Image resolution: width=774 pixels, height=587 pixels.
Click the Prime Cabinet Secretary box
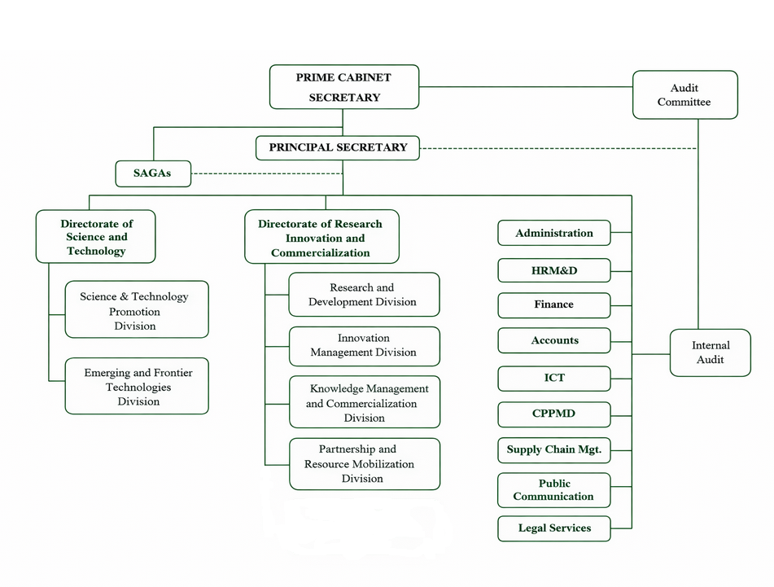[x=344, y=87]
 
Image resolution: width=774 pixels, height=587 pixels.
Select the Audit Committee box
[x=685, y=94]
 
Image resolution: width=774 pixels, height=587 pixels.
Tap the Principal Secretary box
[x=338, y=148]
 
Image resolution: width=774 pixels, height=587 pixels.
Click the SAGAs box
[x=153, y=173]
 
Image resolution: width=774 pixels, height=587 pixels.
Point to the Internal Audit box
[x=711, y=353]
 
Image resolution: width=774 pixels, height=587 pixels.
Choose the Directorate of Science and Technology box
[x=96, y=236]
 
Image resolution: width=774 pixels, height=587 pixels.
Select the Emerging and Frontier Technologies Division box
[x=137, y=386]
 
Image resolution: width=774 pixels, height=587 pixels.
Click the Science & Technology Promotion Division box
[x=137, y=309]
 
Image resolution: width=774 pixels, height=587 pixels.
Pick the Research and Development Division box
[x=365, y=294]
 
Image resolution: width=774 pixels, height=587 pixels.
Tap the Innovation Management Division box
[x=365, y=346]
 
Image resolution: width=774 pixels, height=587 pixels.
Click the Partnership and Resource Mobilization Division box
[x=365, y=464]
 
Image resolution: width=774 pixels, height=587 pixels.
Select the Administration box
[x=554, y=233]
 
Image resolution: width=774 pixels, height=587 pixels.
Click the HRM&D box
[x=554, y=270]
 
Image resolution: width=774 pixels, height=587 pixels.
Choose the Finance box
[x=554, y=305]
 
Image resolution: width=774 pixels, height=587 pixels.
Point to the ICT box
[x=554, y=379]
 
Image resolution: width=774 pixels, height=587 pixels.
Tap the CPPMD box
[x=554, y=414]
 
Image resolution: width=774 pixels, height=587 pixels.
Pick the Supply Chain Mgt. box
[x=554, y=450]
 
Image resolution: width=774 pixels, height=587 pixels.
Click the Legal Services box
[x=554, y=528]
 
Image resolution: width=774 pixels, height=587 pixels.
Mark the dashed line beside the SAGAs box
[x=267, y=173]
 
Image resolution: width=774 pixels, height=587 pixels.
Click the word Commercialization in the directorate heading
[x=321, y=252]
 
